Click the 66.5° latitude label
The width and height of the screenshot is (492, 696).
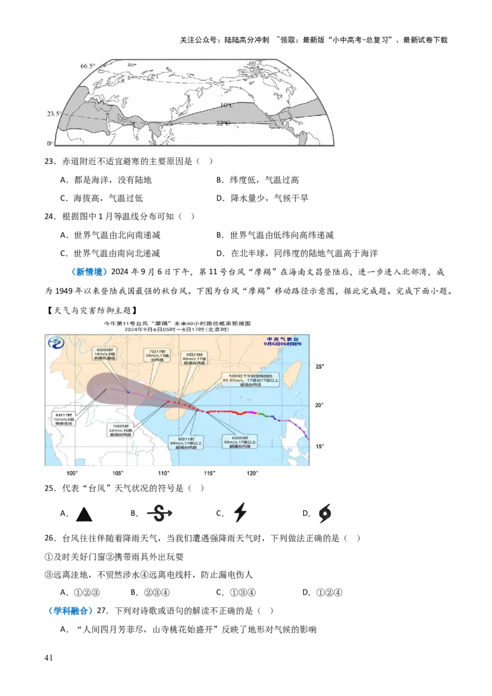click(87, 66)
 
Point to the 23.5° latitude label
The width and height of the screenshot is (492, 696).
click(54, 114)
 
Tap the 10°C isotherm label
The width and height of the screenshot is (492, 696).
click(226, 105)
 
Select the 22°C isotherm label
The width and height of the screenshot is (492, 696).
click(223, 123)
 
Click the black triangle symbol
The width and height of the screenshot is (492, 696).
click(83, 513)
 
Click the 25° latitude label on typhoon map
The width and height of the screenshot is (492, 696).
click(319, 367)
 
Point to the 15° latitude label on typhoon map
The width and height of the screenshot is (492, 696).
click(319, 446)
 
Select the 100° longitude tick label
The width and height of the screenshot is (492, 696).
click(72, 473)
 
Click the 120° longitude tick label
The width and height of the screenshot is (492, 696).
click(252, 473)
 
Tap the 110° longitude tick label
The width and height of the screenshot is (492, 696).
click(164, 473)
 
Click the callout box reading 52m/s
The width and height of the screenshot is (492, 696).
click(122, 428)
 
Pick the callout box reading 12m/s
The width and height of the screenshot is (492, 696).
click(64, 418)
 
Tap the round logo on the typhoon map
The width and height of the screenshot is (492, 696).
click(56, 342)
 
